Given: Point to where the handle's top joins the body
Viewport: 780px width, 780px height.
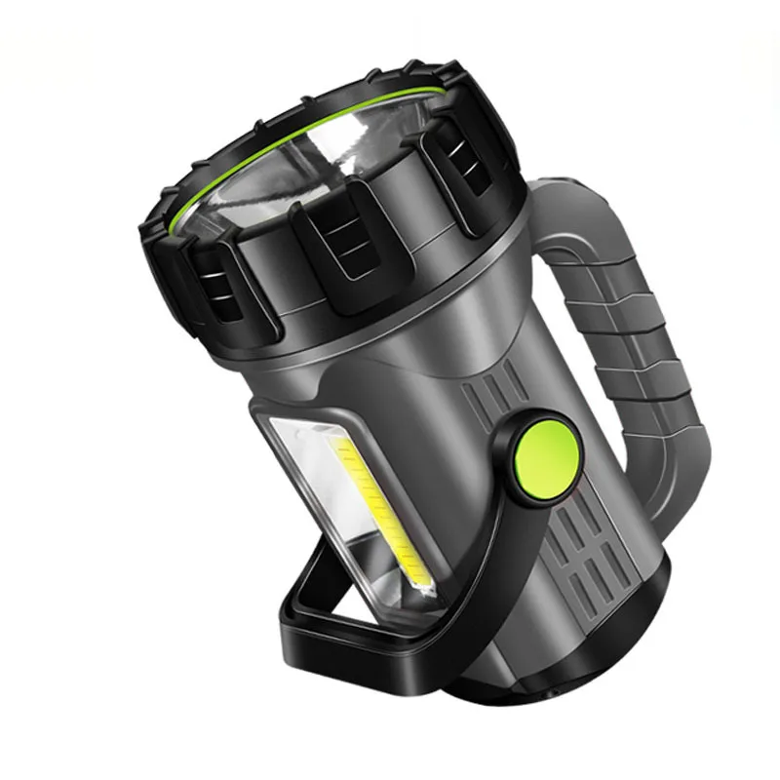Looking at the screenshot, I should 556,195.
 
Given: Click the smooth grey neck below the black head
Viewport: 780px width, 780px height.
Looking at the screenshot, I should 409,341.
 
